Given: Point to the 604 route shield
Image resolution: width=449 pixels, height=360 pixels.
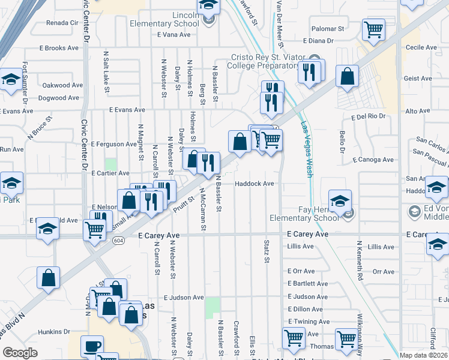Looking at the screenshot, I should pyautogui.click(x=118, y=239).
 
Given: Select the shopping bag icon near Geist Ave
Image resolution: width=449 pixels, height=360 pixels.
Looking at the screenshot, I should pyautogui.click(x=347, y=76).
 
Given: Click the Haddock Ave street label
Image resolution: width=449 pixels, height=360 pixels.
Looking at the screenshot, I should pyautogui.click(x=254, y=184).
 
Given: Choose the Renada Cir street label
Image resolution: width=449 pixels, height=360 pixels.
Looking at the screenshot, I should pyautogui.click(x=62, y=23).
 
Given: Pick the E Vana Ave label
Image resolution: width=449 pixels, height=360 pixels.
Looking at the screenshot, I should pyautogui.click(x=173, y=35).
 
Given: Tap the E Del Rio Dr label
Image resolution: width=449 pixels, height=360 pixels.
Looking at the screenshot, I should pyautogui.click(x=367, y=117).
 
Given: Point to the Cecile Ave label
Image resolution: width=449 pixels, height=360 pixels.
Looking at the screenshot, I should pyautogui.click(x=421, y=47).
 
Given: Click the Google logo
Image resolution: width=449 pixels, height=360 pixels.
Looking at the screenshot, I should pyautogui.click(x=20, y=353).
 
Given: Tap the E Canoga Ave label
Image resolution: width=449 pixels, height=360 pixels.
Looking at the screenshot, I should pyautogui.click(x=373, y=160).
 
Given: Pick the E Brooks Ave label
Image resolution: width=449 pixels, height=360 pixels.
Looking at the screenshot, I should pyautogui.click(x=59, y=47).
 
